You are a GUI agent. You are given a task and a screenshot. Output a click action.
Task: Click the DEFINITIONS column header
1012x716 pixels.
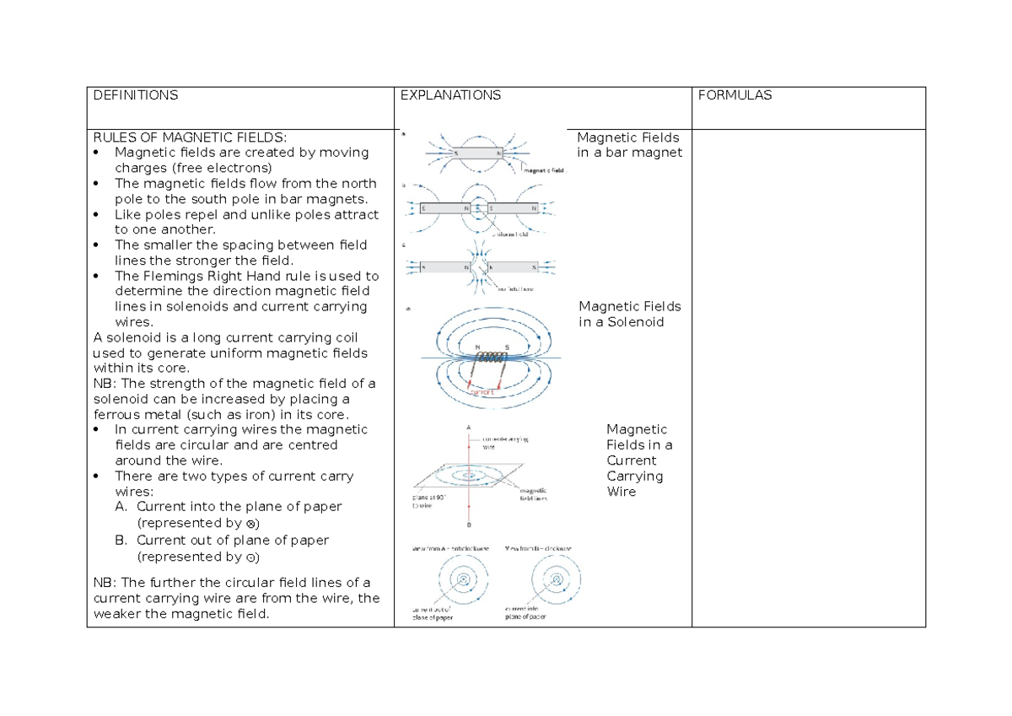[x=135, y=96]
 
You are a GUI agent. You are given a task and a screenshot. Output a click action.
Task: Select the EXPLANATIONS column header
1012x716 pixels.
[x=450, y=96]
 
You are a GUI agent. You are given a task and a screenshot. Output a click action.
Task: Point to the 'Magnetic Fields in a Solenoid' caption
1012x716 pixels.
[x=629, y=314]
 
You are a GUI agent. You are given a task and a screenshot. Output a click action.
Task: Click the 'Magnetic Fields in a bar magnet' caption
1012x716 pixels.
[x=629, y=145]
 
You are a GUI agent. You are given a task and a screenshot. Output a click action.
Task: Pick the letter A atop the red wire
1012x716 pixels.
[x=468, y=428]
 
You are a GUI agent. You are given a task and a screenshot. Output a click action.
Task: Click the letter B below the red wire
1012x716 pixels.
[x=468, y=525]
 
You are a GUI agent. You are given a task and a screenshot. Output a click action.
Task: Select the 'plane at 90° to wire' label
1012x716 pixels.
[x=430, y=502]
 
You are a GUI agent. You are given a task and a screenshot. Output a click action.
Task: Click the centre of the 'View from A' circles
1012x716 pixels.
[x=463, y=579]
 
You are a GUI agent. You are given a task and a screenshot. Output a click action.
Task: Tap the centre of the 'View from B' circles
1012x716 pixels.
[x=556, y=579]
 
